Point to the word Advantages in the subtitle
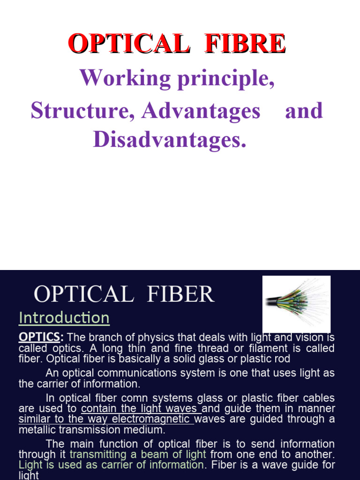[202, 111]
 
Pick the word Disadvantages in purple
[169, 139]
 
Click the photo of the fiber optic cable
[296, 304]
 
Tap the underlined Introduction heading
[64, 318]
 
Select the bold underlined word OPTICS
[39, 337]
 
